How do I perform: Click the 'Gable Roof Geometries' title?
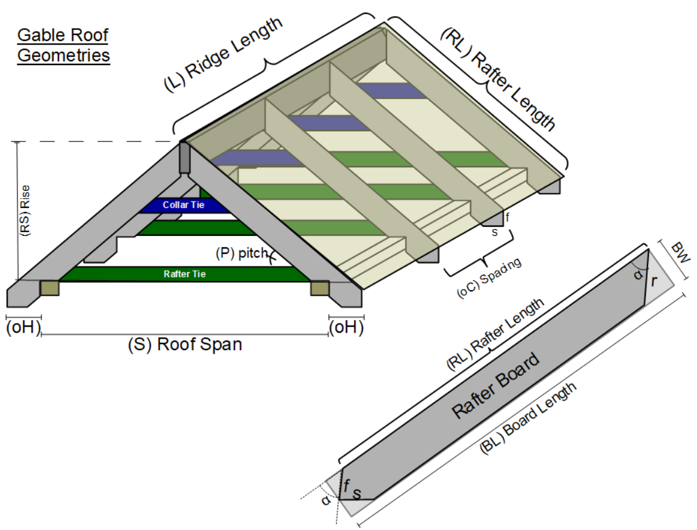click(63, 45)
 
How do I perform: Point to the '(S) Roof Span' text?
click(185, 345)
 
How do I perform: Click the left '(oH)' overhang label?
click(23, 328)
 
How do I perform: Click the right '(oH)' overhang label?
click(346, 328)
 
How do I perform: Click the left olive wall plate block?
click(49, 288)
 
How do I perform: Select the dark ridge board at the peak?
click(184, 158)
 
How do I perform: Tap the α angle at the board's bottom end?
click(326, 501)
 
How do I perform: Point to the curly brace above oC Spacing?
click(479, 253)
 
